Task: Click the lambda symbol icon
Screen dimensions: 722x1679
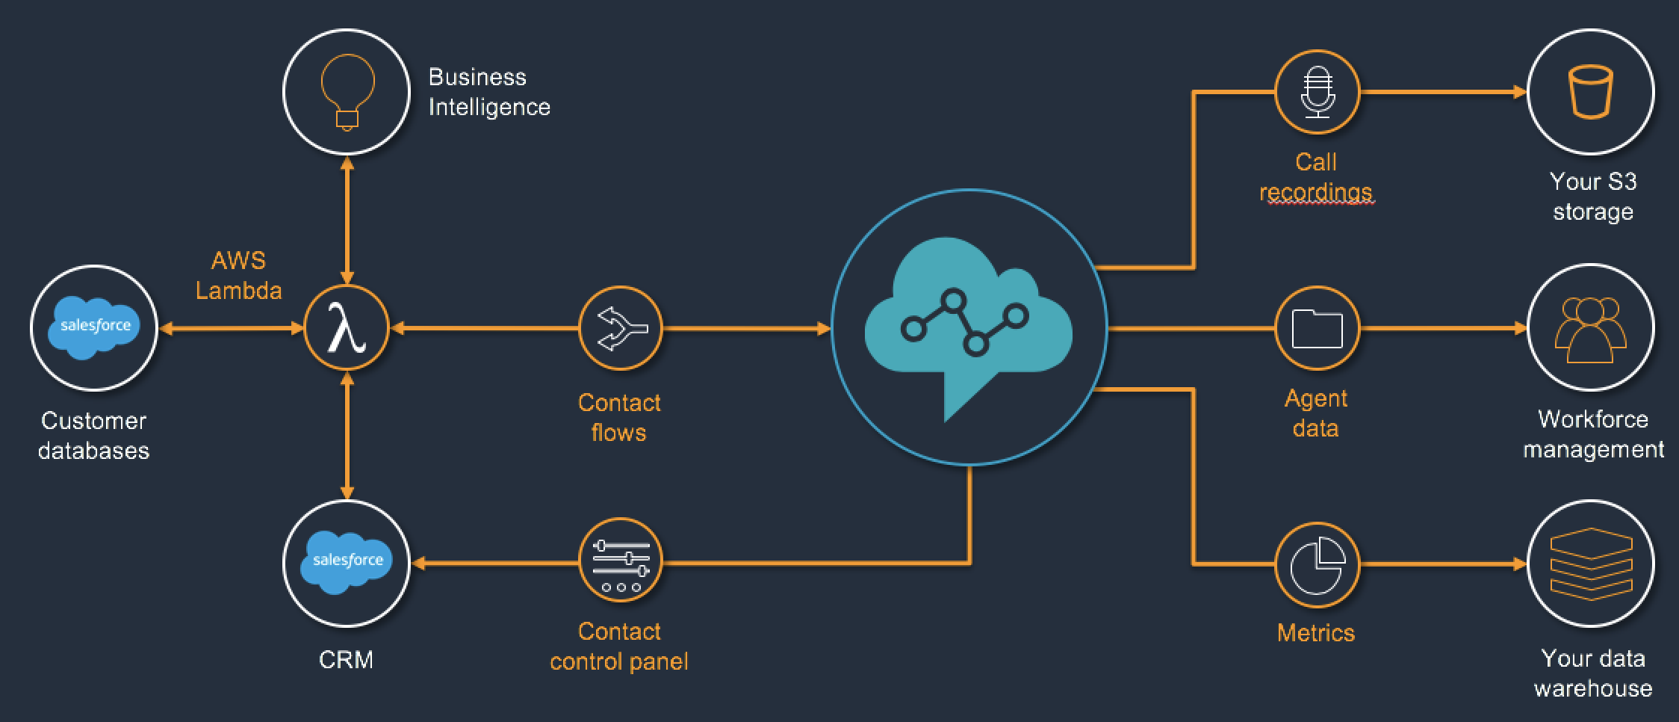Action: point(347,328)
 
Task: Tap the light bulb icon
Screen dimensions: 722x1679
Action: point(347,92)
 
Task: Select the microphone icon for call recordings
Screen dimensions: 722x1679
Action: point(1317,92)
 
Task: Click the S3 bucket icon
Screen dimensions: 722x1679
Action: point(1591,92)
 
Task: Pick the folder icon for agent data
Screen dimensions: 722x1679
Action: point(1317,328)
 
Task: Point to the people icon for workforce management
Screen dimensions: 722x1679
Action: point(1591,328)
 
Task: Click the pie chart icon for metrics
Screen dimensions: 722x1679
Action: point(1317,564)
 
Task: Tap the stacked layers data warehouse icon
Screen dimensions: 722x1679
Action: point(1591,564)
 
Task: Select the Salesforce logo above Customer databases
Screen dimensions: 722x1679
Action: point(94,327)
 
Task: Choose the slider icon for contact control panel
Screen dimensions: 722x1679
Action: point(621,561)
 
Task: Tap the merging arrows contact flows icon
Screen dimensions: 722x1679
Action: point(621,328)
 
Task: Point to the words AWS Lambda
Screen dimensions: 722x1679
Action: point(238,276)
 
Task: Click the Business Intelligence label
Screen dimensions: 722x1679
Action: point(488,92)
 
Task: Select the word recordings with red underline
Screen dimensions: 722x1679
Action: point(1316,192)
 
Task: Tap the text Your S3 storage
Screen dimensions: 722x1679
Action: point(1592,197)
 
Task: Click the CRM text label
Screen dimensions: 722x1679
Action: point(346,660)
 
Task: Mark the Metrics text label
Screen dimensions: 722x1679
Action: point(1316,633)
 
